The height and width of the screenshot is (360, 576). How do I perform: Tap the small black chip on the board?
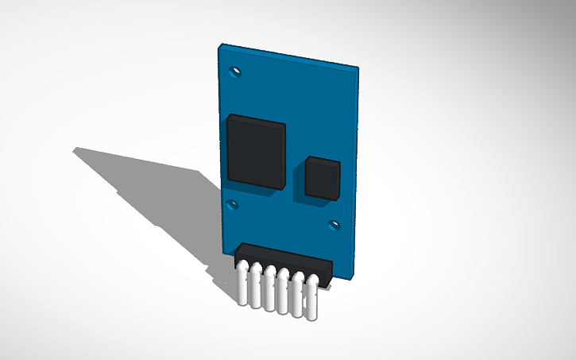tap(323, 178)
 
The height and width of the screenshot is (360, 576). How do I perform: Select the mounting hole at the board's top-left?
tap(234, 72)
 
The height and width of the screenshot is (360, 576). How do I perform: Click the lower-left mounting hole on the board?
tap(232, 206)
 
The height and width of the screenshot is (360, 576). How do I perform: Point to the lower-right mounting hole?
tap(334, 226)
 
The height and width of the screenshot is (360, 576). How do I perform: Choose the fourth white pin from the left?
tap(284, 298)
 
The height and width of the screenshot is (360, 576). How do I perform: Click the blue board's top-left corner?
tap(220, 45)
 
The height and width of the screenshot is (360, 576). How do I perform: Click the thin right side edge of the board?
tap(355, 175)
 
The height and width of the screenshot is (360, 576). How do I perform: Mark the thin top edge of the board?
tap(290, 55)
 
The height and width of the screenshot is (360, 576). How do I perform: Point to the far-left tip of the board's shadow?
tap(75, 149)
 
